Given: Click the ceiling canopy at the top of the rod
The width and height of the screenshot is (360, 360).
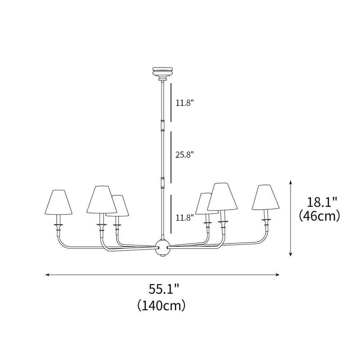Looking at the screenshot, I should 162,72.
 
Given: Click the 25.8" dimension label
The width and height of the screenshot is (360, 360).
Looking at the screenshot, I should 184,154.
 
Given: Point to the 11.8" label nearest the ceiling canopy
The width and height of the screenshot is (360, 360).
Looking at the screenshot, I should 184,103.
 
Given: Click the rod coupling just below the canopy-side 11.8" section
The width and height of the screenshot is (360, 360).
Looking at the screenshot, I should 162,125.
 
